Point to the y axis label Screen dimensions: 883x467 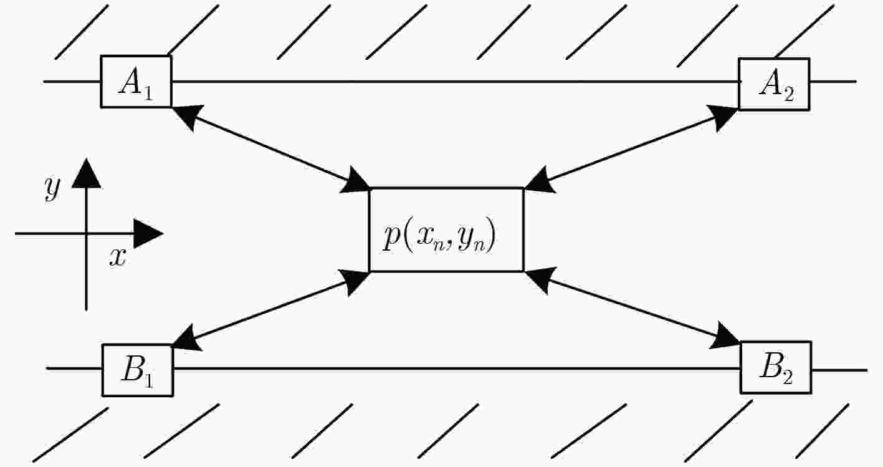(52, 188)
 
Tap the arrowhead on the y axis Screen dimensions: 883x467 (87, 173)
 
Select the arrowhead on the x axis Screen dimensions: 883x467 (148, 233)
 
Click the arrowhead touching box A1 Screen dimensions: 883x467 (187, 115)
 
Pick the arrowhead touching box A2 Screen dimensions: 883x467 (723, 117)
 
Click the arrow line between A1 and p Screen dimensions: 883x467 (271, 148)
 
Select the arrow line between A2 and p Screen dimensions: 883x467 (631, 148)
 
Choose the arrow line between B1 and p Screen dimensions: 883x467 (271, 311)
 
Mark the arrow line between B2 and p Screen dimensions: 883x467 (632, 308)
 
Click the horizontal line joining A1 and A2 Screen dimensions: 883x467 (456, 82)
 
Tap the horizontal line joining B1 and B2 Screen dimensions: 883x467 (457, 368)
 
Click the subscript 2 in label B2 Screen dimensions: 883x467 (788, 377)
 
